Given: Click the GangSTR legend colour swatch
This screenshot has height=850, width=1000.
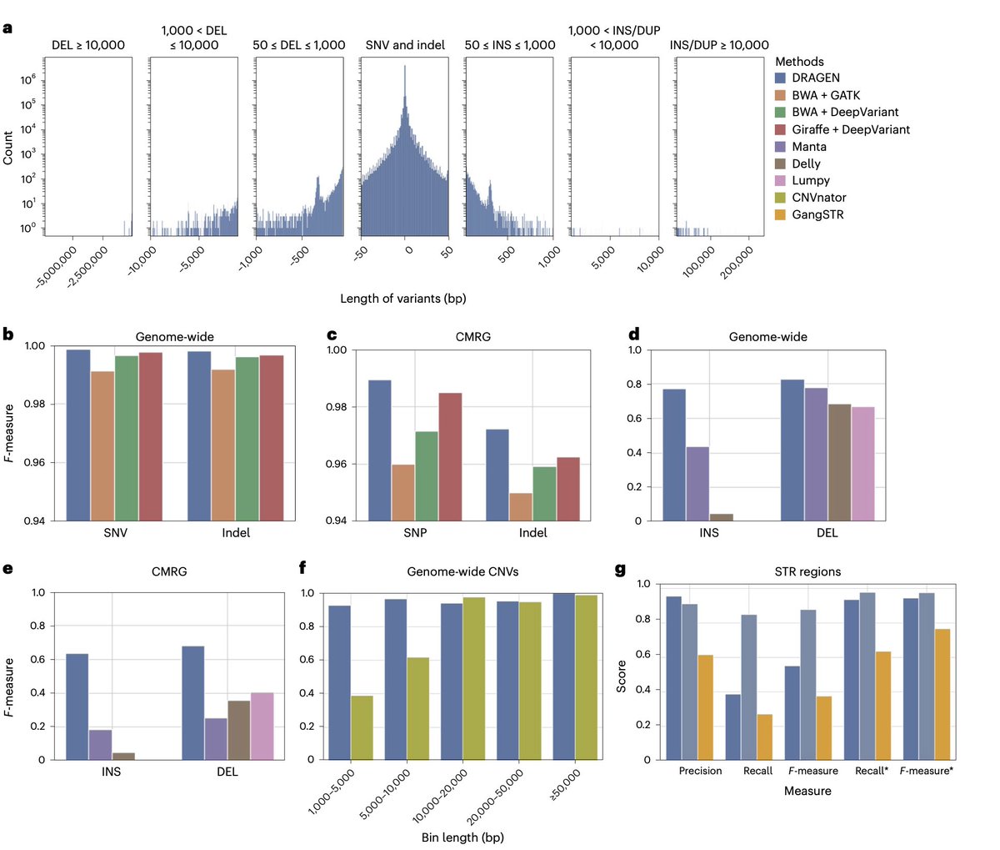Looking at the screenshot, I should click(x=781, y=214).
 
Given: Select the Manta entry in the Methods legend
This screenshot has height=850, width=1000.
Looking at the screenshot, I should click(x=809, y=146).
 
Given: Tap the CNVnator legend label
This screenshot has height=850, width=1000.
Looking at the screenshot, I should click(x=819, y=198).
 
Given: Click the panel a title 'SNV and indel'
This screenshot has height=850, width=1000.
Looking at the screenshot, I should click(x=405, y=44).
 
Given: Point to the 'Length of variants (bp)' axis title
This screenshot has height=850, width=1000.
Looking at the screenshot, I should click(x=402, y=298).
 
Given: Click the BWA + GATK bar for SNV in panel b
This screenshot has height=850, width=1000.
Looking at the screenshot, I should click(x=102, y=446).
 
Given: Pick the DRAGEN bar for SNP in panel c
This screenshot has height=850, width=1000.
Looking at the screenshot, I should click(x=379, y=450).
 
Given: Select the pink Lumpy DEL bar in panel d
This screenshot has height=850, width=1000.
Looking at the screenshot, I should click(x=862, y=464).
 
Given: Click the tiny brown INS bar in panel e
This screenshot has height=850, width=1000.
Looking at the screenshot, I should click(x=123, y=756).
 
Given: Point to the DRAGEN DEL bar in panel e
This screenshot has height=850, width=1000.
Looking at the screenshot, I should click(x=192, y=702).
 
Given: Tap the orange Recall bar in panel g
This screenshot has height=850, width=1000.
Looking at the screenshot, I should click(x=764, y=737).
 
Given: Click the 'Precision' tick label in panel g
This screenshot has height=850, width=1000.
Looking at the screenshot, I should click(x=700, y=771).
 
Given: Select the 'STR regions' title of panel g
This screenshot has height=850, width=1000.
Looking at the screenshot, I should click(x=807, y=571).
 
